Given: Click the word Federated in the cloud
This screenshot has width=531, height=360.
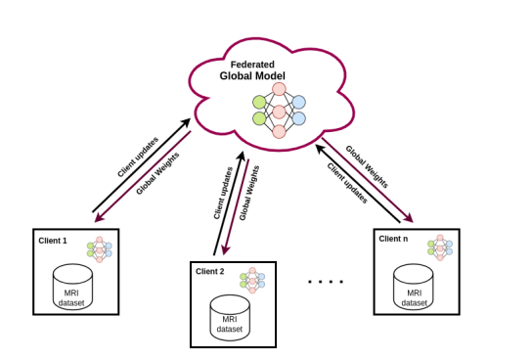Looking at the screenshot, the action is coord(252,65).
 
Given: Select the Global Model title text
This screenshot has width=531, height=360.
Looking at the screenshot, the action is coord(252,76).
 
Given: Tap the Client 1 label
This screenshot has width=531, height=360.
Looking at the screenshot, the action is coord(53,241).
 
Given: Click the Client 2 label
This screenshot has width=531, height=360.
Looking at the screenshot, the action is coord(209,272).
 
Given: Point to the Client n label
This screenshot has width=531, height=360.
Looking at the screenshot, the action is coord(393,239).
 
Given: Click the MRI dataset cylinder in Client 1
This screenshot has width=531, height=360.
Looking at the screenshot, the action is coord(72,287).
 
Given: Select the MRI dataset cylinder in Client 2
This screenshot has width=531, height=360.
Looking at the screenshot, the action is coord(230,317).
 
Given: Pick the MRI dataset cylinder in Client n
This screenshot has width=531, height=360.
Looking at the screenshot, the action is coord(413,287).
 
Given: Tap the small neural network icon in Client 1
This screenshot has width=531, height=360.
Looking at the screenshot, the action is coord(99,249).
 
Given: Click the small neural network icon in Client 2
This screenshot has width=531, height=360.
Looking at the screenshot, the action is coord(252,281).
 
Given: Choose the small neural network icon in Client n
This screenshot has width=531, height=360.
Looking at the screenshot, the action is coord(440,247).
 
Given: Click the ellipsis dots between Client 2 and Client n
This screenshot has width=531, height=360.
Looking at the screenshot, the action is coord(326,282).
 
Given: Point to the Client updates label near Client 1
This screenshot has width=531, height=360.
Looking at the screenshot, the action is coord(138,157).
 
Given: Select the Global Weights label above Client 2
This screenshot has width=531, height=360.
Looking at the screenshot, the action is coord(249,193).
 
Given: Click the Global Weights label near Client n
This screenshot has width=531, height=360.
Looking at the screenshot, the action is coord(367,166).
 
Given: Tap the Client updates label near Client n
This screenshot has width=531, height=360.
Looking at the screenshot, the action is coord(347,183).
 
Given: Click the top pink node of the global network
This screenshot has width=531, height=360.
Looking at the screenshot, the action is coord(279,89).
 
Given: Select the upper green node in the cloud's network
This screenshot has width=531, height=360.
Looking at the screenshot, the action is coord(259,103).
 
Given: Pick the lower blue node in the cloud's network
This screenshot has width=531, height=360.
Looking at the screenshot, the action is coord(298,118).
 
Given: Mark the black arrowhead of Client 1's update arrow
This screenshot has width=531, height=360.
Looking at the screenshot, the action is coord(186,122).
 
